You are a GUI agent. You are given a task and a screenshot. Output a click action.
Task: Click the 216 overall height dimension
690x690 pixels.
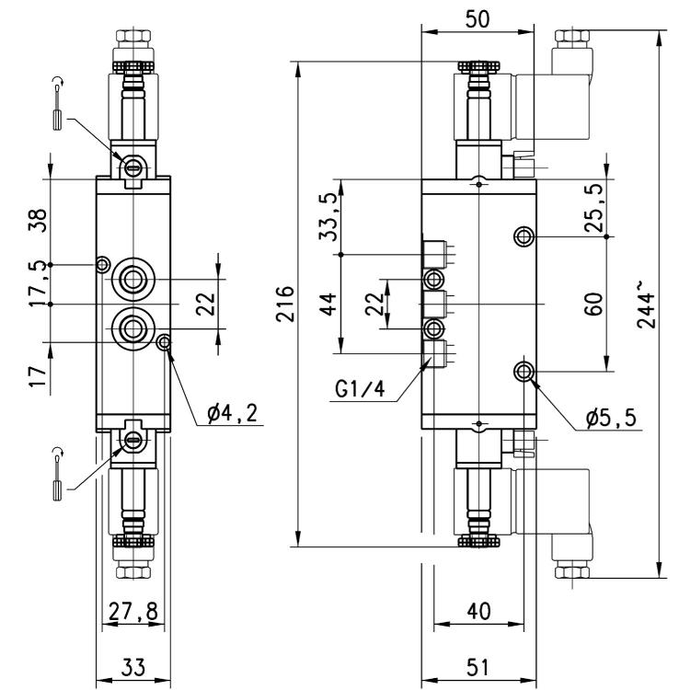coord(284,305)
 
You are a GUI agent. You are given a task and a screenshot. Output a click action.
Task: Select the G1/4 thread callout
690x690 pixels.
coord(360,389)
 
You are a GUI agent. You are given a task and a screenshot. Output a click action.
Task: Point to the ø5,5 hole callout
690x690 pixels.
coord(611,418)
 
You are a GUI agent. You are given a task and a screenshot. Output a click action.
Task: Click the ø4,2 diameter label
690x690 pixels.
coord(233,414)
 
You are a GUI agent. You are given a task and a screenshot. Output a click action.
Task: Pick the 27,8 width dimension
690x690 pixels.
coord(133,611)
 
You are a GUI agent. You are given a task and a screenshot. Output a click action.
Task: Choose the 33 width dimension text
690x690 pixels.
coord(132,667)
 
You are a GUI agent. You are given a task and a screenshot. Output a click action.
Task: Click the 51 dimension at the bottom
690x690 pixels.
coord(477,667)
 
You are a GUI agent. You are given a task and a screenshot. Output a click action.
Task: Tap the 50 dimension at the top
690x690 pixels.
coord(477,19)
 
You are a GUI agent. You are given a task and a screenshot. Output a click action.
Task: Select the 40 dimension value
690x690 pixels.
coord(478,611)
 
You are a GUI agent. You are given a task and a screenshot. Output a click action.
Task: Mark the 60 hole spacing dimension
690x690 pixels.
coord(593,305)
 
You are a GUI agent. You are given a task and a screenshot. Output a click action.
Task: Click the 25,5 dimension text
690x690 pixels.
coord(593,208)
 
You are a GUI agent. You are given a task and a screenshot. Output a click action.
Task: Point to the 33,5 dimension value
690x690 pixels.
coord(328,217)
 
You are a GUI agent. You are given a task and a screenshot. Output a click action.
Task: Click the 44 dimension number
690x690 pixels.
coord(328,305)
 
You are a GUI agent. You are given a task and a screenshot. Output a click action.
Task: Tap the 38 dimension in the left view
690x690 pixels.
coord(38,220)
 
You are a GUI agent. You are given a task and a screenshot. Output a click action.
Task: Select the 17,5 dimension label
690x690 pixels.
coord(38,284)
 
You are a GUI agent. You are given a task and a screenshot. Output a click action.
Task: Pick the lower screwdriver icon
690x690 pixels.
coord(58,474)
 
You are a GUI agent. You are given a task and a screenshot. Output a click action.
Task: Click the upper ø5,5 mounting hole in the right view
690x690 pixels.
coord(523,236)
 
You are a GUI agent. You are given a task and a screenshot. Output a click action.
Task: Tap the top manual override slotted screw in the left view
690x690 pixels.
coord(132,167)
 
